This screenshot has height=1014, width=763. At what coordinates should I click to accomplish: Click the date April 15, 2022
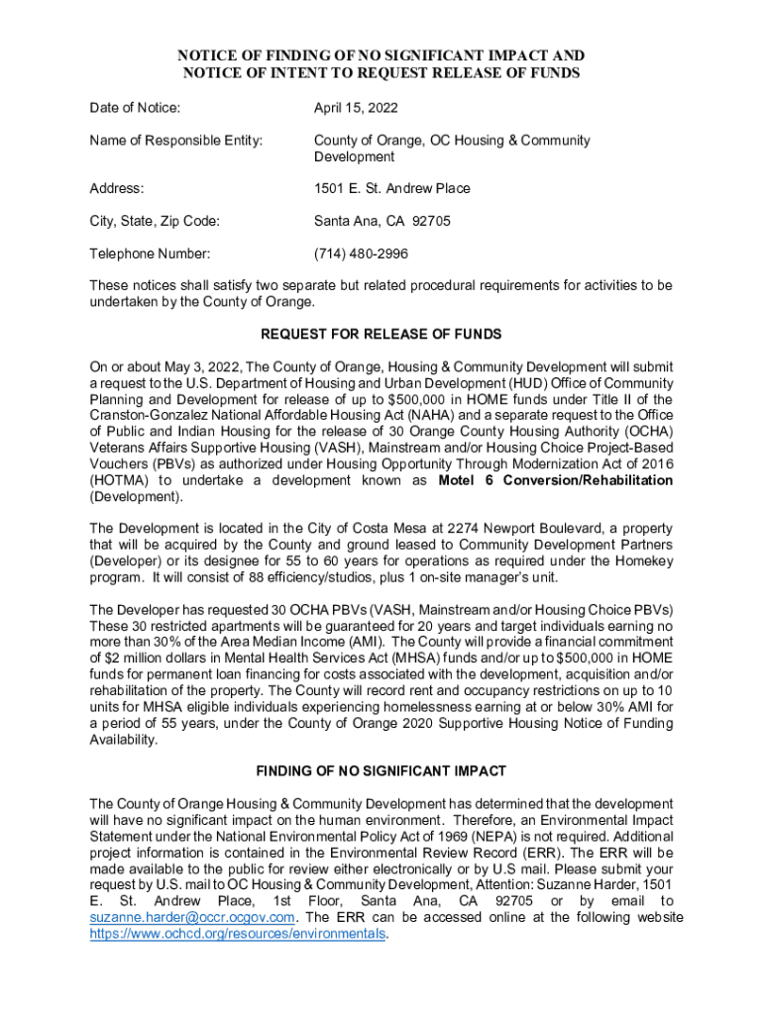tap(357, 108)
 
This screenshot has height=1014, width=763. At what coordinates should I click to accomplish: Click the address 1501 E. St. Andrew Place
tap(392, 188)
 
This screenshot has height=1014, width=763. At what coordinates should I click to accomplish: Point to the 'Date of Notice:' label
tap(135, 108)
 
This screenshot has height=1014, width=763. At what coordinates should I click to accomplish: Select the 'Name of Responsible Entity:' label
tap(175, 141)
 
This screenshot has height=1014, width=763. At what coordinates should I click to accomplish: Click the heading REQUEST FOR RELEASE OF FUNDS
tap(381, 334)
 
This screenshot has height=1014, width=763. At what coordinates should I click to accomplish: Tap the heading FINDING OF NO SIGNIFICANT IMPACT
tap(381, 771)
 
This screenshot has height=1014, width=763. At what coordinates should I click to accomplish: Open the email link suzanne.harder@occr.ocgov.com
tap(192, 917)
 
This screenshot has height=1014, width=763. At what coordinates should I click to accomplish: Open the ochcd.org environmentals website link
tap(237, 933)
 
